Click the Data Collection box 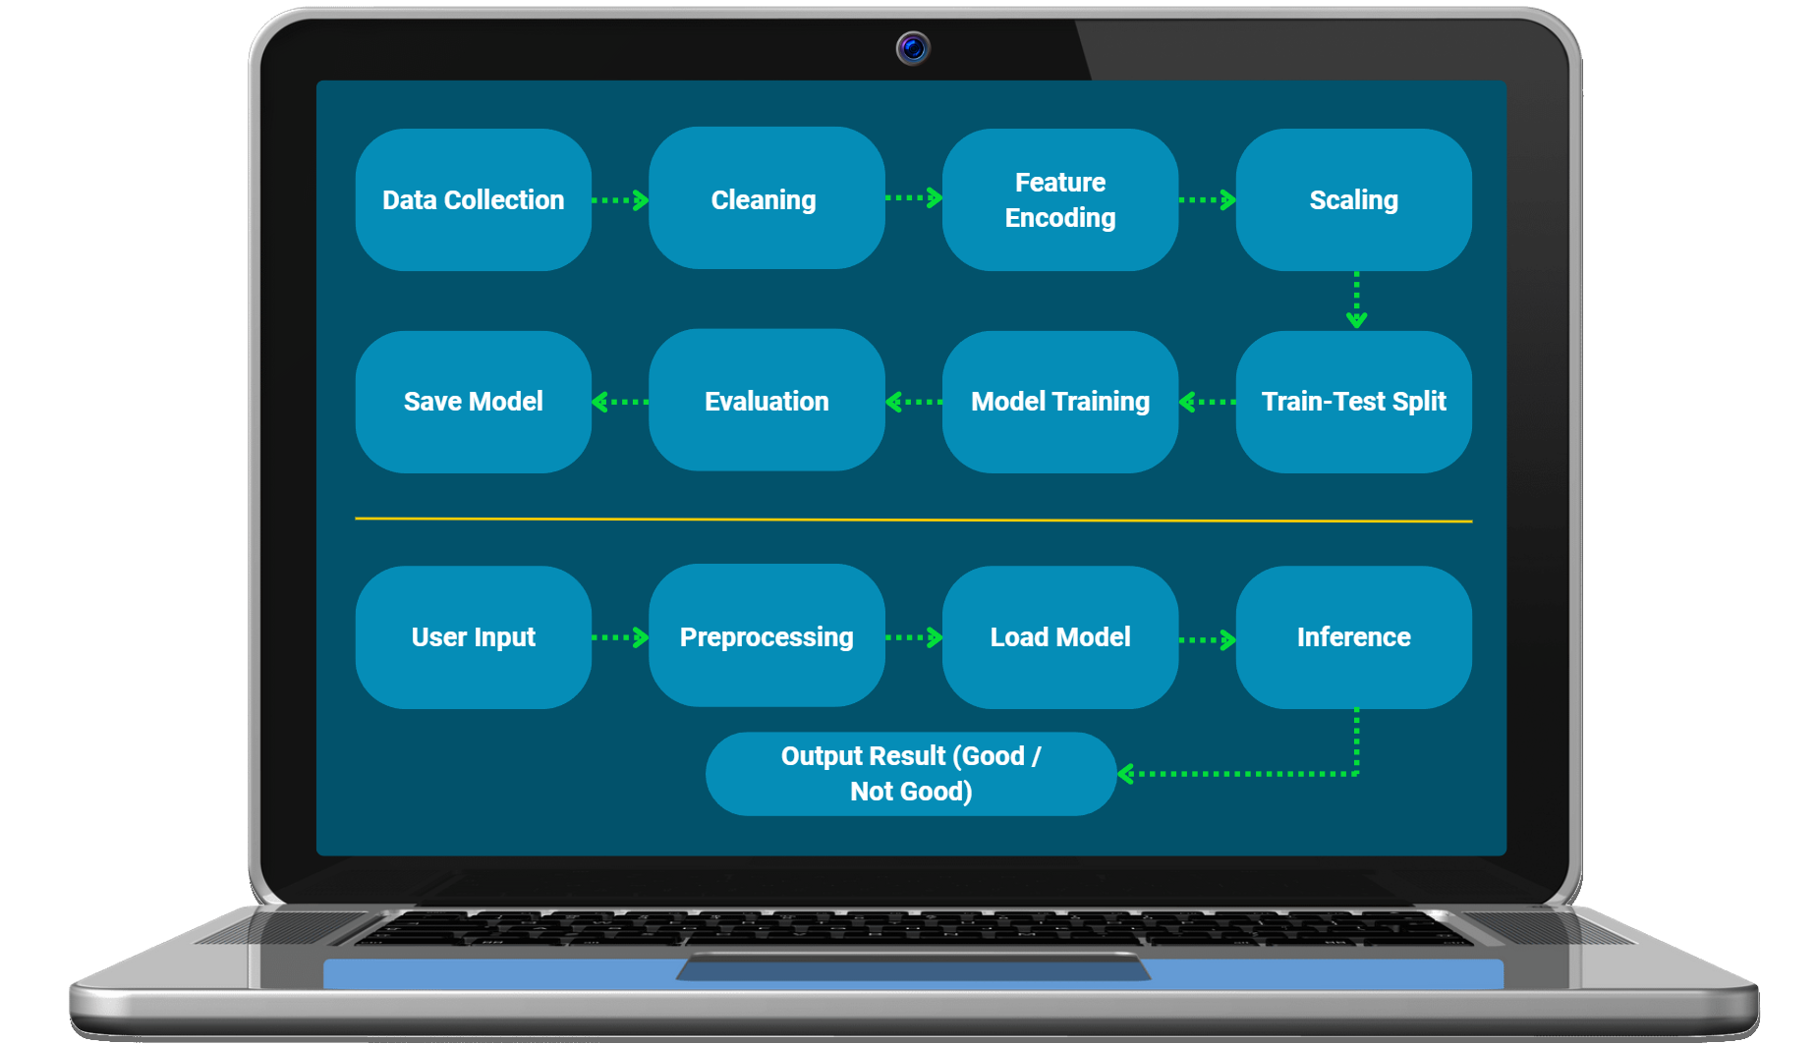pyautogui.click(x=473, y=199)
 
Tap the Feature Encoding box pyautogui.click(x=1059, y=199)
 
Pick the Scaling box pyautogui.click(x=1353, y=199)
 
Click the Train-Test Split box pyautogui.click(x=1353, y=402)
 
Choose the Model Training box pyautogui.click(x=1059, y=402)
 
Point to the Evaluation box pyautogui.click(x=766, y=401)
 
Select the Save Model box pyautogui.click(x=473, y=402)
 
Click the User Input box pyautogui.click(x=473, y=637)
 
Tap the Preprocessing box pyautogui.click(x=766, y=636)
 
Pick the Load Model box pyautogui.click(x=1059, y=637)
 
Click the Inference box pyautogui.click(x=1353, y=637)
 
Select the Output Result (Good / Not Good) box pyautogui.click(x=910, y=774)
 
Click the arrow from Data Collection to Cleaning pyautogui.click(x=620, y=200)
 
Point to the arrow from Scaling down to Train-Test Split pyautogui.click(x=1356, y=300)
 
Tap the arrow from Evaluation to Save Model pyautogui.click(x=620, y=402)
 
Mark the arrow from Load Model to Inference pyautogui.click(x=1207, y=640)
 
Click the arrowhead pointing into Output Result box pyautogui.click(x=1126, y=774)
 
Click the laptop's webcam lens pyautogui.click(x=913, y=47)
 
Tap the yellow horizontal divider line pyautogui.click(x=913, y=520)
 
